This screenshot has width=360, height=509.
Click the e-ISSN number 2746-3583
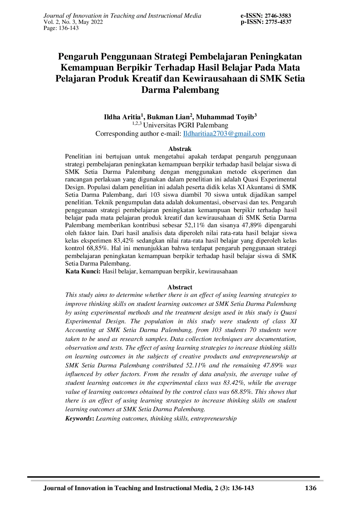point(278,16)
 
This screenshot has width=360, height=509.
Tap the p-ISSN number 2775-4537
point(278,22)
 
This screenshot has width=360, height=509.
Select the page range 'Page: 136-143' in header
point(61,28)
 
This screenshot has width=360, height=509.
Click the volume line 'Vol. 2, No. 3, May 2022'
point(73,22)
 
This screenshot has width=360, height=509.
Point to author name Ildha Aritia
point(122,117)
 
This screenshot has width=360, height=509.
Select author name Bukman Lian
point(168,117)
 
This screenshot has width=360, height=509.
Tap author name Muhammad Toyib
point(225,117)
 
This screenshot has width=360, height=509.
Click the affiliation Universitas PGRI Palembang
point(186,125)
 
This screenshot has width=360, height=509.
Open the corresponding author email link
point(224,134)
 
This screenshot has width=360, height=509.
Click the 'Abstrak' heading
point(180,149)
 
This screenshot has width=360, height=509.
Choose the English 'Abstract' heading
point(180,287)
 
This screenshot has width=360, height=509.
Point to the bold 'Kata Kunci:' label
point(83,272)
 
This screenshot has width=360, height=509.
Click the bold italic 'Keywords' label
point(79,418)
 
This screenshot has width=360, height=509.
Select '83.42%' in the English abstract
point(233,383)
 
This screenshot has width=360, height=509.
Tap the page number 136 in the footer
point(311,488)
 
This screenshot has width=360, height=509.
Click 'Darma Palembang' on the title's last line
point(180,90)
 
